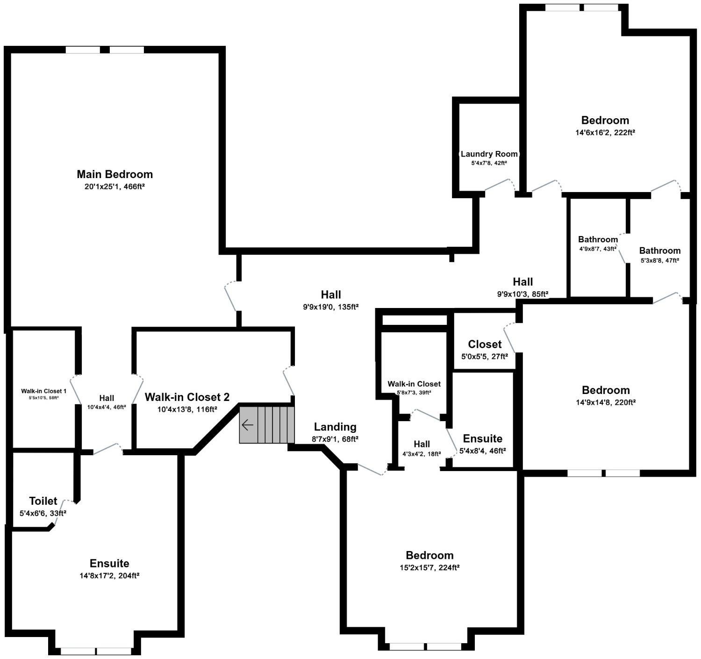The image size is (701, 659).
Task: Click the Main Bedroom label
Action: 114,174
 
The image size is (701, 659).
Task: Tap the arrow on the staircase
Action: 247,425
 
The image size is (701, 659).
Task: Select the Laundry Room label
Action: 489,154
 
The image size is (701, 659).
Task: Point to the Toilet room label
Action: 43,501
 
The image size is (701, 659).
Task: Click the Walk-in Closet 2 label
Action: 187,397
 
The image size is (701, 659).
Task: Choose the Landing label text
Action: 335,427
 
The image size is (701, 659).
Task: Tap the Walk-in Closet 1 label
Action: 44,391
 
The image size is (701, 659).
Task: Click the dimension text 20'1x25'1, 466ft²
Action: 114,186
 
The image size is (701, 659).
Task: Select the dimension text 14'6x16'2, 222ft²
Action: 605,132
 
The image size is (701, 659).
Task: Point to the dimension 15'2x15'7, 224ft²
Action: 429,567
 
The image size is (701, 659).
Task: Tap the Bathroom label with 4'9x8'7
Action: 598,239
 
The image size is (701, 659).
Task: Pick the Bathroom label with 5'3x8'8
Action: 660,251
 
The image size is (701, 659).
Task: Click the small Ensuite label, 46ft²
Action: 482,438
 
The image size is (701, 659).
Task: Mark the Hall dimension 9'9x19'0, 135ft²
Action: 331,307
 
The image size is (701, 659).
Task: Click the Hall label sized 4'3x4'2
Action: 422,444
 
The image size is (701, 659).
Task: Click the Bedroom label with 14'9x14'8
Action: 606,390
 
